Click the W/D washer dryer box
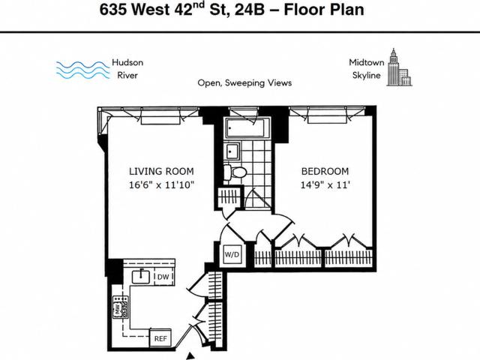click(232, 254)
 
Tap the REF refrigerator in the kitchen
click(160, 338)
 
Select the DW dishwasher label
click(163, 277)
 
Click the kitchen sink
click(141, 277)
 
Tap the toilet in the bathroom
click(235, 172)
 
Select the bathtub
click(248, 129)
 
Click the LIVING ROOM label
click(161, 171)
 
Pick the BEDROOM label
click(325, 171)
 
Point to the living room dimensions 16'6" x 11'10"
click(162, 185)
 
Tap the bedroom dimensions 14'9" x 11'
click(325, 185)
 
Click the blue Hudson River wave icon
click(83, 70)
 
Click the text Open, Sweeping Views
click(244, 83)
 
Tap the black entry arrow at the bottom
click(190, 356)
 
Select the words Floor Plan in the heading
click(324, 10)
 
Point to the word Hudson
click(127, 62)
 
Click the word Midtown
click(367, 62)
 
